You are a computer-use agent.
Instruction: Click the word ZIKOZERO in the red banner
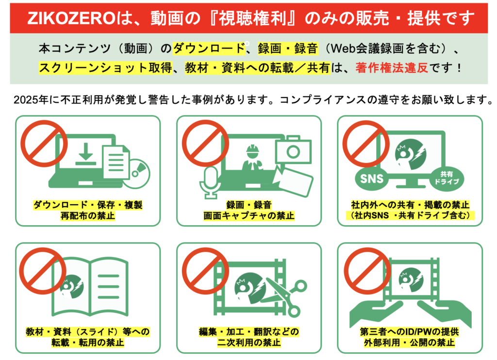pos(71,18)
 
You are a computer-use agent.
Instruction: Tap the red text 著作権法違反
pos(392,67)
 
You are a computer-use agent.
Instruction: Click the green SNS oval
pos(372,179)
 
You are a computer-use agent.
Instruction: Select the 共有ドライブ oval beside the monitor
pos(447,178)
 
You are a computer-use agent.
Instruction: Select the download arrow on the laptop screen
pos(85,154)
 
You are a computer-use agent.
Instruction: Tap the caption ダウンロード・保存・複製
pos(88,205)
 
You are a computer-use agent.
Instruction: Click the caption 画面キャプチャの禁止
pos(249,216)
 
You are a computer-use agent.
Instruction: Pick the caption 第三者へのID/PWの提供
pos(410,332)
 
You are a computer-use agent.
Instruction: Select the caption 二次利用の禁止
pos(249,343)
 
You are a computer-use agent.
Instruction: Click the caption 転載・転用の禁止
pos(88,343)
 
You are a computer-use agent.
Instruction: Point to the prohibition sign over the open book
pos(43,271)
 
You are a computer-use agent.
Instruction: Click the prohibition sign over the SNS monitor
pos(366,144)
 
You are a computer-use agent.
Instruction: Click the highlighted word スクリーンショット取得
pos(105,67)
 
